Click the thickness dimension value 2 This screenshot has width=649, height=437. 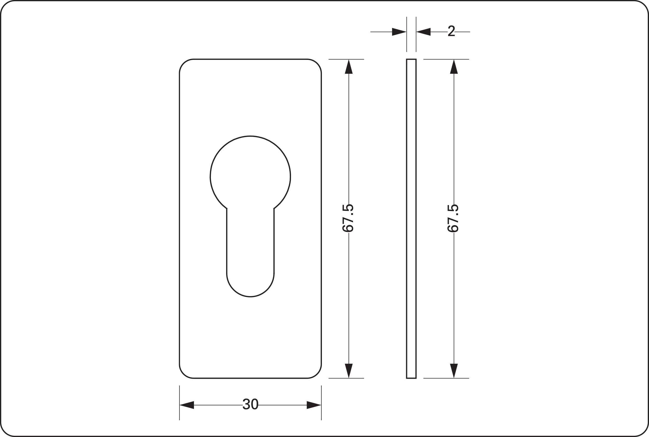click(451, 31)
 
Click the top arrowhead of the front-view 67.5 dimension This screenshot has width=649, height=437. click(349, 67)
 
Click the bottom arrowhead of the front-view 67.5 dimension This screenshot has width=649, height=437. click(349, 370)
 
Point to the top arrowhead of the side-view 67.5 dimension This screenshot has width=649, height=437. click(454, 67)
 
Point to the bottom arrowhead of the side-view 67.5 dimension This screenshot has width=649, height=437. click(454, 370)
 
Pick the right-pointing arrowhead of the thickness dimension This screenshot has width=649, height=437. click(399, 32)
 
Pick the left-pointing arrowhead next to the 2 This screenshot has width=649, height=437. click(424, 32)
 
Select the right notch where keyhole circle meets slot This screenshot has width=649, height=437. click(274, 208)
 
